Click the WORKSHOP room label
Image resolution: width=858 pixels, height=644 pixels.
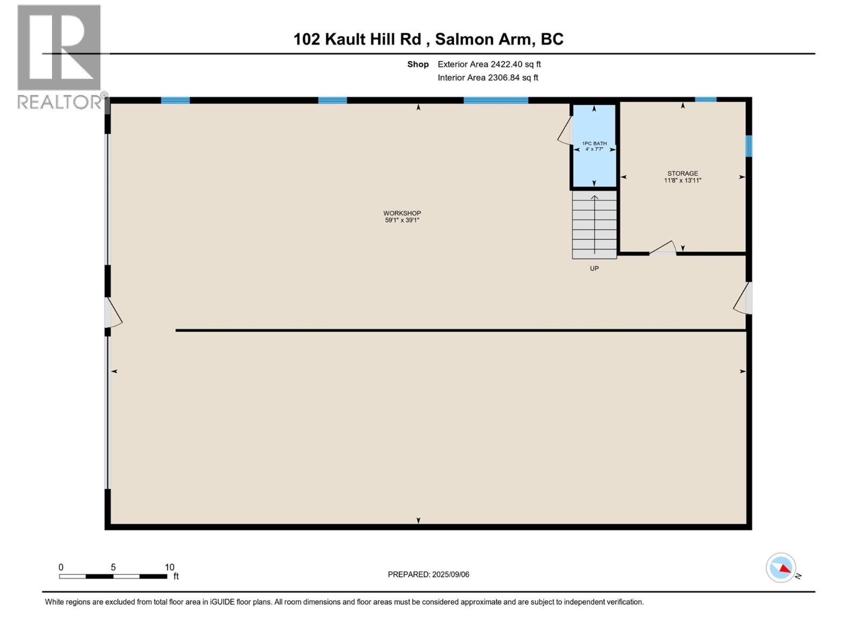(402, 213)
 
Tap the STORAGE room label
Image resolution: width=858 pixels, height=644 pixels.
(683, 173)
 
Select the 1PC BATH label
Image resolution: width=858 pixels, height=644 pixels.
(594, 143)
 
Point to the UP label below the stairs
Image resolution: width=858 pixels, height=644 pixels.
(594, 268)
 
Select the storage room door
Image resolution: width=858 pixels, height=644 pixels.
(663, 248)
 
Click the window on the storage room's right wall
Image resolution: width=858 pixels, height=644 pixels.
(749, 146)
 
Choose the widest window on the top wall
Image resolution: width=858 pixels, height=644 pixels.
(495, 100)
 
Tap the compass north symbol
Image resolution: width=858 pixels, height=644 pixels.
(781, 568)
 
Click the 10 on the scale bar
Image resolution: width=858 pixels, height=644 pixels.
(169, 567)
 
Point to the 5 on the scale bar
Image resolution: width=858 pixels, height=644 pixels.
(113, 567)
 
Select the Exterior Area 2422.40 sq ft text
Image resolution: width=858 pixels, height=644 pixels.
(489, 64)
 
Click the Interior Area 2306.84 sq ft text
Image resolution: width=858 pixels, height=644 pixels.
(487, 78)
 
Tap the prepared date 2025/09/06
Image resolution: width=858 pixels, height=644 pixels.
(450, 574)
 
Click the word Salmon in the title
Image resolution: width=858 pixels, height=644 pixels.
(464, 39)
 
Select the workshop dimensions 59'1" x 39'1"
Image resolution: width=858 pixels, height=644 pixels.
(402, 220)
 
